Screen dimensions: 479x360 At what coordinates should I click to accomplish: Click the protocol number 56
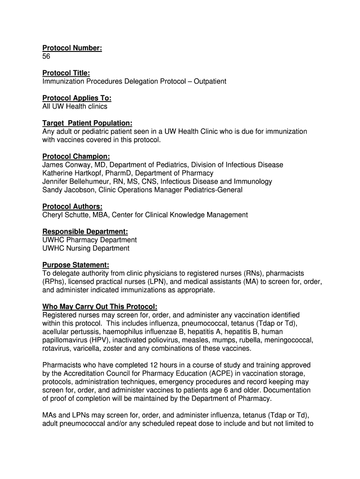46,57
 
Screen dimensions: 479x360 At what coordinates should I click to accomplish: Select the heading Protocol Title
66,73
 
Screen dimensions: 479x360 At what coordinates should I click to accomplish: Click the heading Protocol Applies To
77,98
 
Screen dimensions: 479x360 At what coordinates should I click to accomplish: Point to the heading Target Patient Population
87,123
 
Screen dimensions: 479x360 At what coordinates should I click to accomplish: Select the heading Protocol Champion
76,157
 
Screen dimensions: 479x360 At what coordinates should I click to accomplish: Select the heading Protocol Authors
72,207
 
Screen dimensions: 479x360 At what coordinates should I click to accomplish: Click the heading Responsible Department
85,232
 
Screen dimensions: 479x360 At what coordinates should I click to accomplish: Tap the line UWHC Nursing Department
86,248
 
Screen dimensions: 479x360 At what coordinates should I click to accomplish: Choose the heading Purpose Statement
76,265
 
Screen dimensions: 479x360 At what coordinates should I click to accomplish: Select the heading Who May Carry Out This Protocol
100,307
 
